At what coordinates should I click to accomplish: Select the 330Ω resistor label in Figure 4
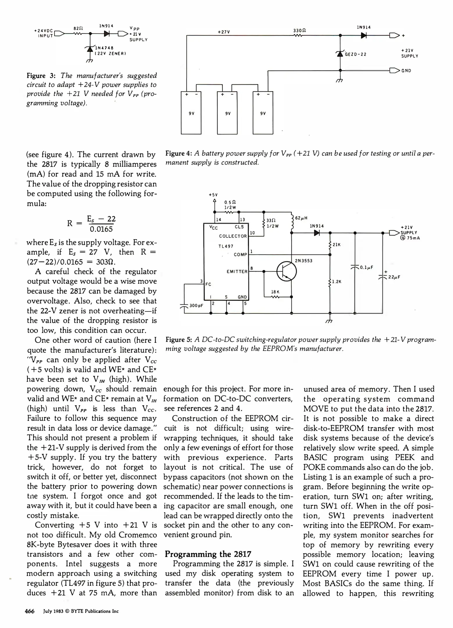click(300, 30)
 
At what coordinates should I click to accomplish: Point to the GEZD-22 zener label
click(355, 54)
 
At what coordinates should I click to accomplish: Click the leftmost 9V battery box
click(191, 113)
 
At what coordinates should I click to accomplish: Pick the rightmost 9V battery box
click(263, 113)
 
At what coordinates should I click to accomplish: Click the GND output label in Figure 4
click(406, 71)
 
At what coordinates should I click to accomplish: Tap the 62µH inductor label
click(301, 218)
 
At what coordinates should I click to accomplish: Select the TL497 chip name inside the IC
click(226, 246)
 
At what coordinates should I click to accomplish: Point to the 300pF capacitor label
click(196, 306)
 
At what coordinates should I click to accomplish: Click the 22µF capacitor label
click(394, 277)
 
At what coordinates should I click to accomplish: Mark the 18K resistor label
click(275, 292)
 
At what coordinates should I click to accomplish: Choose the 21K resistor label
click(336, 245)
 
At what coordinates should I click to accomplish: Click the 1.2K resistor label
click(337, 282)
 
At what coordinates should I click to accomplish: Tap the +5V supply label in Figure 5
click(213, 195)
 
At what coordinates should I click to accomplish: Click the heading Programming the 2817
click(208, 554)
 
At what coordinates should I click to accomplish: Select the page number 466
click(30, 611)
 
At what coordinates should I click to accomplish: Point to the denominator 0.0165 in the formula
click(101, 229)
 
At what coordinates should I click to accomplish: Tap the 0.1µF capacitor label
click(366, 267)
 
